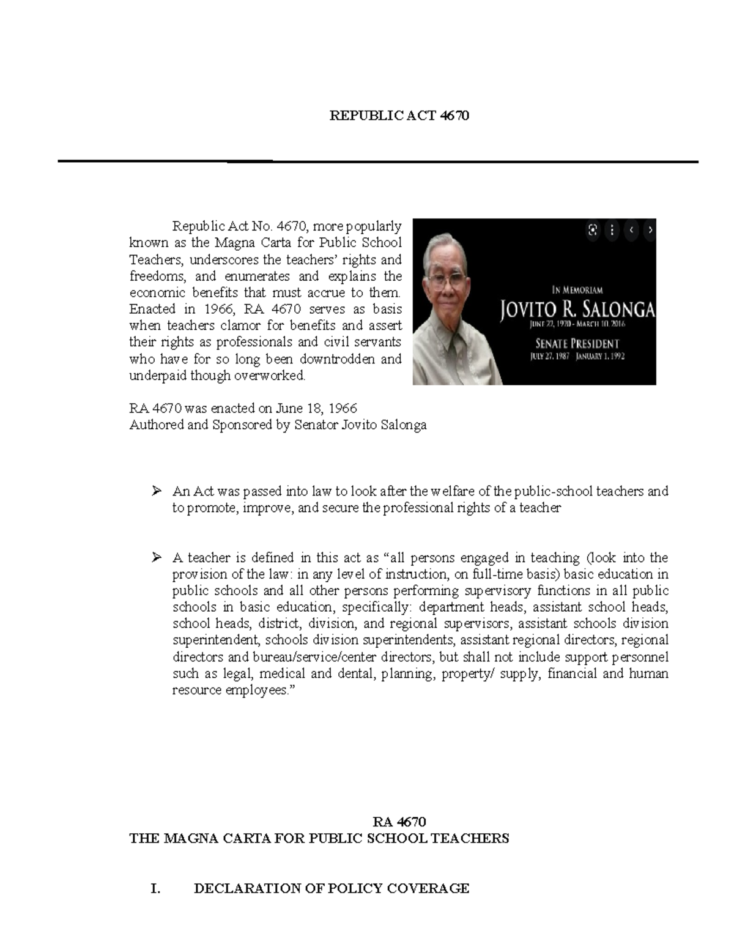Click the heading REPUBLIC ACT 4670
tap(399, 116)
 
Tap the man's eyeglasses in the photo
tap(446, 280)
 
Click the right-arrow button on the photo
tap(650, 231)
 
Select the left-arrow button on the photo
tap(632, 231)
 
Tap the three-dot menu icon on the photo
tap(612, 231)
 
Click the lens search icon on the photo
tap(592, 231)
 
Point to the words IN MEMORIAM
tap(577, 290)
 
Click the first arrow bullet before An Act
tap(157, 491)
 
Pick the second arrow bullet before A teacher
tap(157, 557)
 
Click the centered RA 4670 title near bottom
tap(399, 822)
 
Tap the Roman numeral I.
tap(155, 888)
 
